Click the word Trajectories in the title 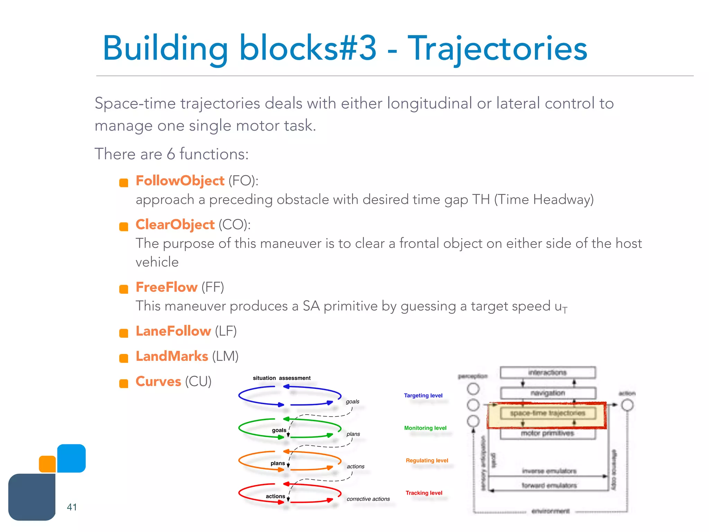tap(497, 49)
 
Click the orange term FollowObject tap(180, 181)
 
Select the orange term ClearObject tap(175, 225)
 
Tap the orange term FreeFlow tap(167, 287)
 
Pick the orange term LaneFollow tap(173, 331)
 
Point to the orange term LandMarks tap(172, 356)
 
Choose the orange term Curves tap(158, 382)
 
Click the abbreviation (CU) tap(198, 382)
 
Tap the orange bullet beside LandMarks tap(124, 358)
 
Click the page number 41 tap(72, 507)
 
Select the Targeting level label tap(423, 396)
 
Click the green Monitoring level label tap(425, 428)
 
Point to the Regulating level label tap(427, 461)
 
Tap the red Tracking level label tap(424, 493)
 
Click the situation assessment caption tap(281, 378)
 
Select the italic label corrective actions tap(368, 499)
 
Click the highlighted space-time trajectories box tap(547, 413)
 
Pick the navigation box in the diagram tap(547, 393)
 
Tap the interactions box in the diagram tap(547, 373)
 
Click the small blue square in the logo tap(71, 458)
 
